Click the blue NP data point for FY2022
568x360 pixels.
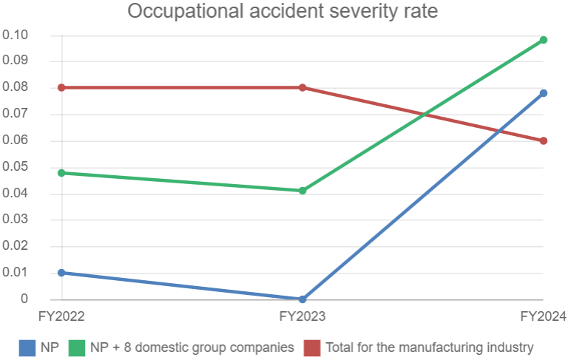coord(61,273)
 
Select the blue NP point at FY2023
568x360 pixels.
coord(302,299)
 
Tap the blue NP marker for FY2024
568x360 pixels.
coord(544,93)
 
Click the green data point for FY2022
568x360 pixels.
coord(61,173)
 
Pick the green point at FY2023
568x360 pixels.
coord(302,191)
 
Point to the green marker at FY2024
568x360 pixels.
coord(544,40)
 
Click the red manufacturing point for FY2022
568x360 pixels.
coord(61,87)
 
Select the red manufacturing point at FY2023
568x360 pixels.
coord(302,87)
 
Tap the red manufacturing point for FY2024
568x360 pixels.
coord(544,140)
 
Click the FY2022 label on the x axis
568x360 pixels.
coord(61,316)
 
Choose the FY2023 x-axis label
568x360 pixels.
coord(302,316)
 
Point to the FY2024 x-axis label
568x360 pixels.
coord(543,316)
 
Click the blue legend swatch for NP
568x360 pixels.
coord(27,347)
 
